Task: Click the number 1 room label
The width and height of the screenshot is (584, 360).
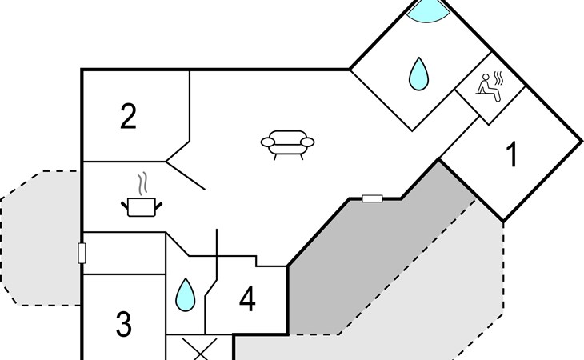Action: click(x=513, y=154)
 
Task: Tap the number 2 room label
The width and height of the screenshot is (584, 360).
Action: click(x=128, y=117)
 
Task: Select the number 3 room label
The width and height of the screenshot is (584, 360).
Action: click(x=124, y=324)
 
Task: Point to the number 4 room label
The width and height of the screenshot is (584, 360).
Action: click(x=247, y=298)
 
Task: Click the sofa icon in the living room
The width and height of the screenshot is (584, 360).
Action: click(x=287, y=145)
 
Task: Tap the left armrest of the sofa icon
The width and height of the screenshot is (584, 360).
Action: click(x=268, y=142)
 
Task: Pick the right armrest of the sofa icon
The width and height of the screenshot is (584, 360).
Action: click(x=307, y=142)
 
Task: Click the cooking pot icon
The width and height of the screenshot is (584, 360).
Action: click(x=142, y=207)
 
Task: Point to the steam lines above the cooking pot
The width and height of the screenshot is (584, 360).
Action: click(x=142, y=183)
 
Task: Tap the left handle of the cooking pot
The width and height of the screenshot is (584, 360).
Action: click(x=124, y=205)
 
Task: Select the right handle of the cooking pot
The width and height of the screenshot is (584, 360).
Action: click(x=158, y=205)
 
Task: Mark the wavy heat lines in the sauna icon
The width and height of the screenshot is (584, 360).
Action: click(x=498, y=79)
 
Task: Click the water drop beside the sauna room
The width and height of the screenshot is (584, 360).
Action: click(x=418, y=74)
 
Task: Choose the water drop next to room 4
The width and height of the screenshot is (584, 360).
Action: click(x=185, y=294)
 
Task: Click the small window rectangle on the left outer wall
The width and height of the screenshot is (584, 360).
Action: click(x=82, y=253)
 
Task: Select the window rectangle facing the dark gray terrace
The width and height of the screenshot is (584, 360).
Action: click(x=373, y=198)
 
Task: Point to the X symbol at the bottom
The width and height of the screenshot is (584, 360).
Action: click(x=200, y=350)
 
